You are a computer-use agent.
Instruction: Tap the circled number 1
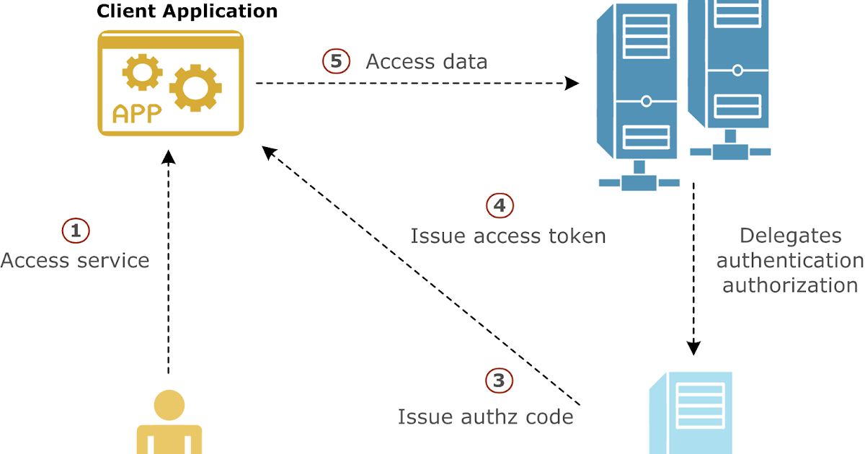(x=76, y=231)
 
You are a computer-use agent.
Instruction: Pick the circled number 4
(x=500, y=205)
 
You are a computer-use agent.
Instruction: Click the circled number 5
(x=336, y=61)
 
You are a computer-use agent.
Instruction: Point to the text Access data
(x=427, y=62)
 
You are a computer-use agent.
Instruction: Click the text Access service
(x=75, y=260)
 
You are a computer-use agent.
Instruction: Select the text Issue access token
(x=508, y=236)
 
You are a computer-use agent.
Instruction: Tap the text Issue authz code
(x=485, y=417)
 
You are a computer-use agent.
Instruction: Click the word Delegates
(x=790, y=236)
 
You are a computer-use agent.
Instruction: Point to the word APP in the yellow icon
(x=136, y=114)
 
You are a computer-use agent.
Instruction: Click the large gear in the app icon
(x=193, y=87)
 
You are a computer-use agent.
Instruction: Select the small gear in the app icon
(x=142, y=73)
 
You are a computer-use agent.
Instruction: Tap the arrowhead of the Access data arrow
(x=572, y=84)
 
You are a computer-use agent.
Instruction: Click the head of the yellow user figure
(x=169, y=404)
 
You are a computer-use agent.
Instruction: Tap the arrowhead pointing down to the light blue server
(x=694, y=348)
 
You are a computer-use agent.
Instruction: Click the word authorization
(x=790, y=285)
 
